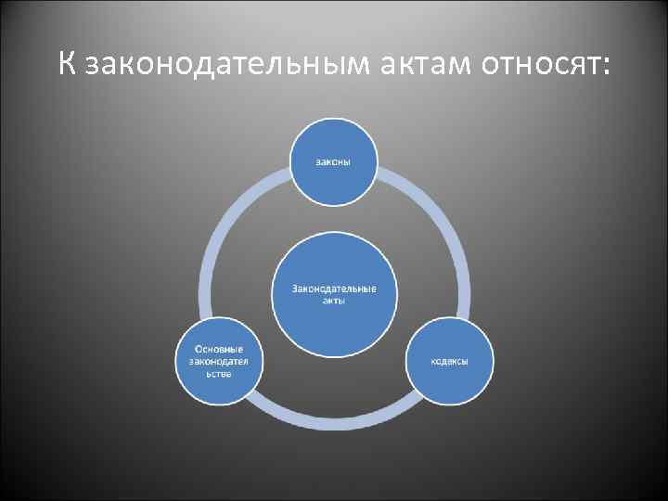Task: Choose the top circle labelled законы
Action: click(335, 160)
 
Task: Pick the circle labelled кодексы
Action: click(449, 361)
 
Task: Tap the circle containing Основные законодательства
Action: click(219, 361)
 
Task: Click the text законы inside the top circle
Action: click(335, 160)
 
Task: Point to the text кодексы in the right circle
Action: click(449, 361)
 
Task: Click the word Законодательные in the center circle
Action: click(335, 289)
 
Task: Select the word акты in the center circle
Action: click(335, 302)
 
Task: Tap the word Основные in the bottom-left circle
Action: click(219, 348)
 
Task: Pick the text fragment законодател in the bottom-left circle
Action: click(219, 361)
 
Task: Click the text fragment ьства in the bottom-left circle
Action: click(219, 374)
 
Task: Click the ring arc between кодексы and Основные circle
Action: click(335, 422)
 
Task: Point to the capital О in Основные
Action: click(199, 348)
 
